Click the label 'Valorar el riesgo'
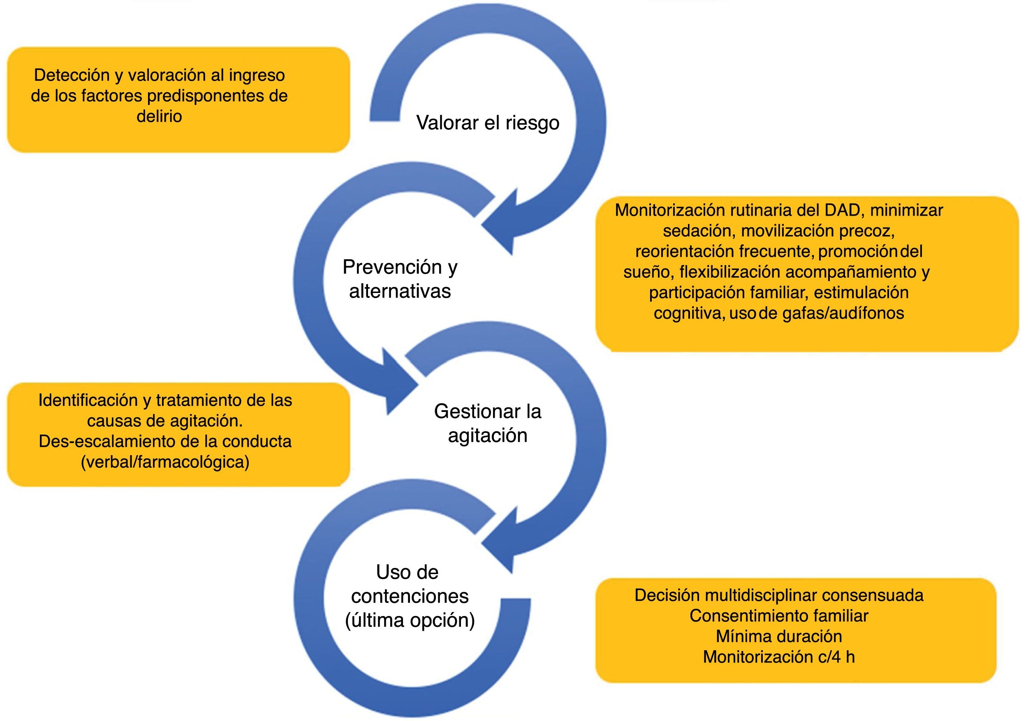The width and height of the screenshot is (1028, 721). coord(488,123)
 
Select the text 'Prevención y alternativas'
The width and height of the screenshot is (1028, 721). coord(400,279)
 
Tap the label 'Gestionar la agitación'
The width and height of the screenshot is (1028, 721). coord(488,423)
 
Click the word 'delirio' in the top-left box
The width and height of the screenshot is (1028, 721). coord(160,116)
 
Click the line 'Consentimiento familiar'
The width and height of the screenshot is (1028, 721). coord(779,616)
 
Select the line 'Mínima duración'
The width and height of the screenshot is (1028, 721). coord(779,636)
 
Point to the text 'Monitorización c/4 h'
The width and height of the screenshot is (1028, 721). coord(779,657)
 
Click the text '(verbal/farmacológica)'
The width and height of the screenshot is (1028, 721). coord(165,462)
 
